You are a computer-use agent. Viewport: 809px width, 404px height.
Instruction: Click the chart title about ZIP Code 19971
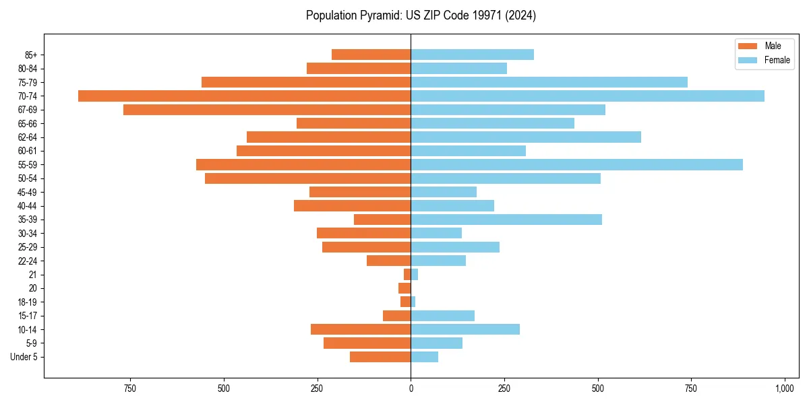tap(421, 15)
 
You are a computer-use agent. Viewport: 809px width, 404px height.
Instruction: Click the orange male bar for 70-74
tap(244, 96)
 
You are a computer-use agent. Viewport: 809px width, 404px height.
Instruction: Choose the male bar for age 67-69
tap(267, 110)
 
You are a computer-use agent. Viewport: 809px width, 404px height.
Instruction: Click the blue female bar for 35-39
tap(506, 220)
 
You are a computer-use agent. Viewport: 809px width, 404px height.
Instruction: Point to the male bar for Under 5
tap(380, 357)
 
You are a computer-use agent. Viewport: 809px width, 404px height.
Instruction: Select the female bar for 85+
tap(472, 55)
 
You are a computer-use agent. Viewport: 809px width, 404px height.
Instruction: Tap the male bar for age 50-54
tap(307, 178)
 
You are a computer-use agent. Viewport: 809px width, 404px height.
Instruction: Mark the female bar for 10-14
tap(465, 329)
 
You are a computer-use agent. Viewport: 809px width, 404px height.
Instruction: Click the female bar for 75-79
tap(549, 82)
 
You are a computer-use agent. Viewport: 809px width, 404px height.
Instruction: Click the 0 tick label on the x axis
tap(411, 389)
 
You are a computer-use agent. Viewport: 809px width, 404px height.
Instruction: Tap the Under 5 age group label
tap(24, 357)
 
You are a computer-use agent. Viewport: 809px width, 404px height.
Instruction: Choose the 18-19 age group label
tap(28, 302)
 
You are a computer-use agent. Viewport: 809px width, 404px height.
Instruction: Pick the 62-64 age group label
tap(28, 137)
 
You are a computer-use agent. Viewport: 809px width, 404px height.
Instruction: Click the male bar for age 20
tap(404, 288)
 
